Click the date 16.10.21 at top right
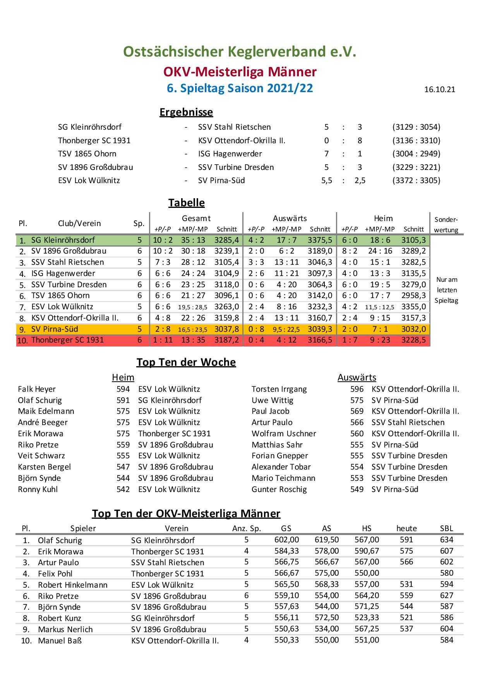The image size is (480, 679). pyautogui.click(x=439, y=90)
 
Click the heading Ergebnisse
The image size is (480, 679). pyautogui.click(x=186, y=112)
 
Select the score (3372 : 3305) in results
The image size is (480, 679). pyautogui.click(x=416, y=180)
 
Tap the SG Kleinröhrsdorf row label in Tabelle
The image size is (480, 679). pyautogui.click(x=63, y=240)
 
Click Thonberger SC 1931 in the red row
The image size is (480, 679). pyautogui.click(x=67, y=340)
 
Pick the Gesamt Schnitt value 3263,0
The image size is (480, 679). pyautogui.click(x=226, y=307)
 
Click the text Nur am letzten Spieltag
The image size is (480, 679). pyautogui.click(x=446, y=290)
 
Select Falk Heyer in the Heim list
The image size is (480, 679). pyautogui.click(x=37, y=389)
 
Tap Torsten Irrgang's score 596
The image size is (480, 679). pyautogui.click(x=357, y=389)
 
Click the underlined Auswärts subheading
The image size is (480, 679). pyautogui.click(x=357, y=377)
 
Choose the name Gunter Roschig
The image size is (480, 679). pyautogui.click(x=279, y=489)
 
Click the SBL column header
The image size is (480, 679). pyautogui.click(x=446, y=528)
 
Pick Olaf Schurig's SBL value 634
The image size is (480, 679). pyautogui.click(x=446, y=540)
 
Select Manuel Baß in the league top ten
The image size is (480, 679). pyautogui.click(x=60, y=641)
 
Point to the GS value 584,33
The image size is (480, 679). pyautogui.click(x=286, y=551)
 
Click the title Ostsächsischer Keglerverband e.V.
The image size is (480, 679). pyautogui.click(x=240, y=51)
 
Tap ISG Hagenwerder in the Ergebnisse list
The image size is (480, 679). pyautogui.click(x=230, y=154)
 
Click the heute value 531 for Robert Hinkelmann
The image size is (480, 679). pyautogui.click(x=406, y=584)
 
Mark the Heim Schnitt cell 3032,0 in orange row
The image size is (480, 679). pyautogui.click(x=413, y=329)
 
